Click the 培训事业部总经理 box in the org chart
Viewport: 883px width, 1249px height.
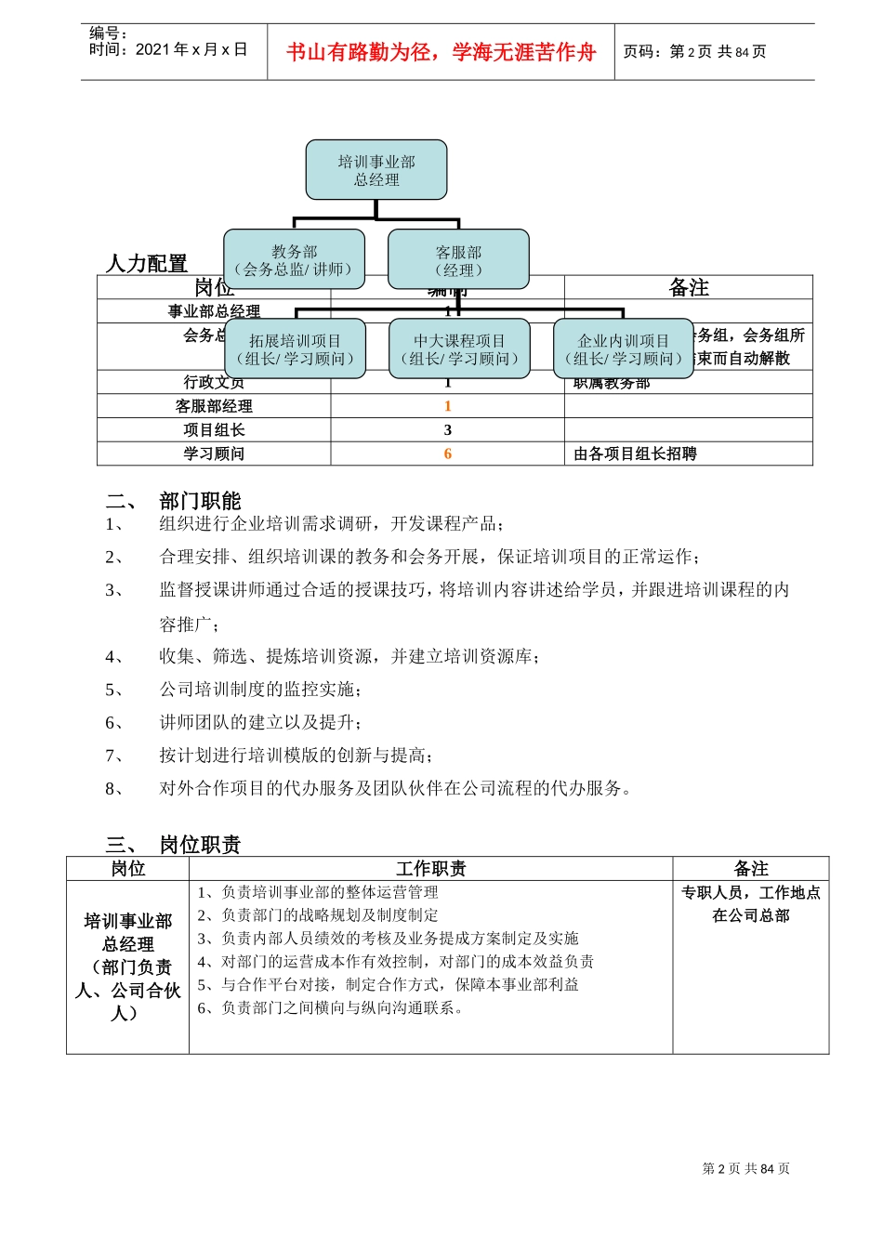pyautogui.click(x=376, y=170)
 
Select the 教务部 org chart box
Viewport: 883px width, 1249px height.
pyautogui.click(x=294, y=260)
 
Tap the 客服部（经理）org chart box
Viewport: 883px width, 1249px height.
pyautogui.click(x=458, y=260)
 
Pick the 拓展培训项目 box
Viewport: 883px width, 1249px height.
pyautogui.click(x=295, y=349)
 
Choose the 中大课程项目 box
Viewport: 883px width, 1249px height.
pyautogui.click(x=459, y=349)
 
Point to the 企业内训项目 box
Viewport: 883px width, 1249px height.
pyautogui.click(x=623, y=349)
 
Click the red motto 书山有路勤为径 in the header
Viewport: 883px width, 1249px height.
pyautogui.click(x=441, y=52)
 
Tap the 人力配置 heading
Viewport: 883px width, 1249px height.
pyautogui.click(x=147, y=263)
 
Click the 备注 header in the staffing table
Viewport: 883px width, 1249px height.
pyautogui.click(x=689, y=288)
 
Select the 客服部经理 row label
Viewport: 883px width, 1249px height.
pyautogui.click(x=214, y=406)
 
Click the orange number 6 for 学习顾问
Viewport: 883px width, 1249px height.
pyautogui.click(x=447, y=454)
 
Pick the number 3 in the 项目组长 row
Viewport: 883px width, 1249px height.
pyautogui.click(x=447, y=429)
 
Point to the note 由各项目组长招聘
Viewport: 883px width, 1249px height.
pyautogui.click(x=635, y=454)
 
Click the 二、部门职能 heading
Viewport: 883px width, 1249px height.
pyautogui.click(x=174, y=501)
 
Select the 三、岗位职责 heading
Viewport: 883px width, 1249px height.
pyautogui.click(x=174, y=844)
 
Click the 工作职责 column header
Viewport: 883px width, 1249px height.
pyautogui.click(x=430, y=869)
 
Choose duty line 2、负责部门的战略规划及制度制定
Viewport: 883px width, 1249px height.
pyautogui.click(x=318, y=915)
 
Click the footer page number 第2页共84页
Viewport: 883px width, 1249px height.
pyautogui.click(x=745, y=1168)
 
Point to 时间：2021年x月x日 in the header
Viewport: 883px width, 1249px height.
pyautogui.click(x=168, y=49)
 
